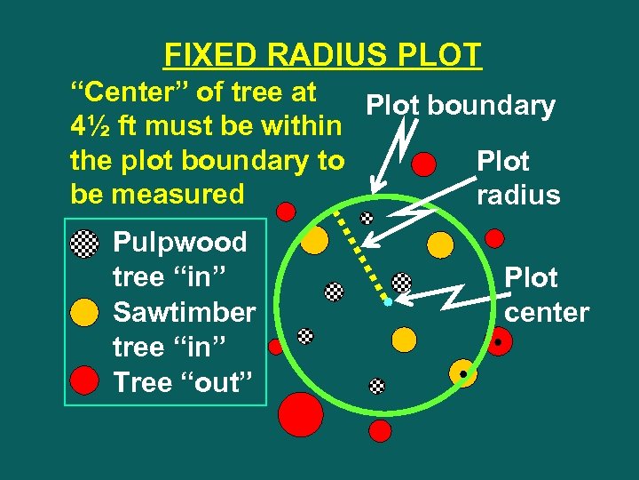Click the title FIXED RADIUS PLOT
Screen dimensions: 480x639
323,55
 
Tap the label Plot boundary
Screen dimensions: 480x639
461,106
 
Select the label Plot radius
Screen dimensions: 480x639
518,178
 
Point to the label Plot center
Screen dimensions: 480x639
546,295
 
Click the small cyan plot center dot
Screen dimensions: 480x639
388,302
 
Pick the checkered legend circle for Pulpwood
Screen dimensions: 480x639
84,243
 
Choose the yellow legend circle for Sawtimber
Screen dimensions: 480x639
84,313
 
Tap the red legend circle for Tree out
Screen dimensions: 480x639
84,381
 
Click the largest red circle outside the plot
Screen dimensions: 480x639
300,413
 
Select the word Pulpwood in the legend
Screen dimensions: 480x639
180,242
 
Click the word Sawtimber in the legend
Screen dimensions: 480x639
185,312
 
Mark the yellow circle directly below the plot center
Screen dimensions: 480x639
404,339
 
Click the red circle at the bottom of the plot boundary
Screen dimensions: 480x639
380,431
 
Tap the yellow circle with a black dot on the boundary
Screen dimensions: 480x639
462,373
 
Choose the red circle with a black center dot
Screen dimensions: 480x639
500,341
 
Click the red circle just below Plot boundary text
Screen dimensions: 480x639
426,164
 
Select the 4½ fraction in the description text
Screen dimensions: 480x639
91,126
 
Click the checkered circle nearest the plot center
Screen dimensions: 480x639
402,283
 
